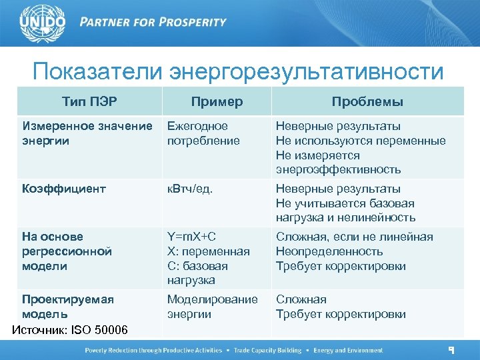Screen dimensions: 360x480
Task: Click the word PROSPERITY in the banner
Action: [191, 22]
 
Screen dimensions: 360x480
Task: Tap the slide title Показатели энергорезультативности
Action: [238, 71]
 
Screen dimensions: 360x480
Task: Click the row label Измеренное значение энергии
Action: [87, 133]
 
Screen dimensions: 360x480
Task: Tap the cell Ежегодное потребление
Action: [197, 133]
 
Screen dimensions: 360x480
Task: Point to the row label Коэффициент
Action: [64, 189]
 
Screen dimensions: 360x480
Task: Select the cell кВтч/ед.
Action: [190, 189]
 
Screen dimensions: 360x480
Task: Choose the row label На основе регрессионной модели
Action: [67, 251]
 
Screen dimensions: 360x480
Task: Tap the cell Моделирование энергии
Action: [212, 307]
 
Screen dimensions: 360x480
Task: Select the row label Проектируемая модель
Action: [67, 307]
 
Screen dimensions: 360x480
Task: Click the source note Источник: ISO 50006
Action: [71, 330]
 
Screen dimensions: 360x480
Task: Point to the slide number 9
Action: [451, 350]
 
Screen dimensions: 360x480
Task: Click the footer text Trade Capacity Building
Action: [264, 351]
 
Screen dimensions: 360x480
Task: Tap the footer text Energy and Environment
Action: [349, 351]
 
